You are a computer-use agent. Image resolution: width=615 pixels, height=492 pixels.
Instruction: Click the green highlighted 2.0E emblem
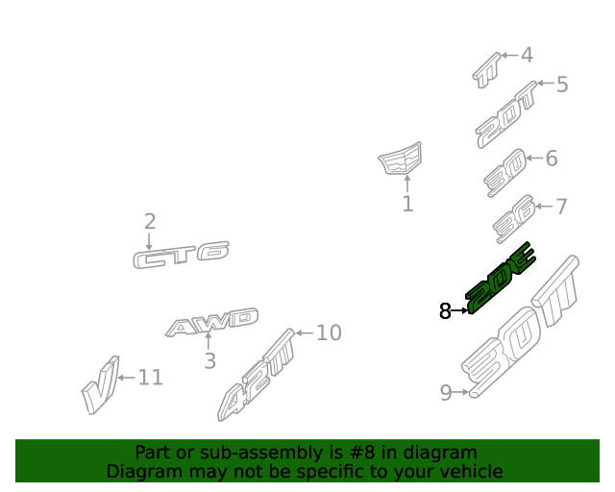click(499, 280)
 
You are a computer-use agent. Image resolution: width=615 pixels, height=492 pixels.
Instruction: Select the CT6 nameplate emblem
click(181, 255)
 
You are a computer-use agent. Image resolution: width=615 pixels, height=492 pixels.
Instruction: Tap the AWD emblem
click(211, 323)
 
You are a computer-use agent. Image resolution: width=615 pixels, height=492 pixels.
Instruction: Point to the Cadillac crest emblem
click(400, 159)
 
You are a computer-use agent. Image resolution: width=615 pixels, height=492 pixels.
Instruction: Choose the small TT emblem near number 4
click(486, 70)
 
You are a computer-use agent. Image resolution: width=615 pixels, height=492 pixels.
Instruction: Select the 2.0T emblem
click(506, 115)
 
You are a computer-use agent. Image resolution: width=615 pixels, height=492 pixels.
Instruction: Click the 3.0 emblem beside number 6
click(505, 173)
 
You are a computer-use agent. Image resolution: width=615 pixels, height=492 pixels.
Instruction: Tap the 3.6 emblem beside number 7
click(514, 219)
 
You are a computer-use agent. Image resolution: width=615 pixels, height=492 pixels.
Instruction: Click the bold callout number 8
click(445, 311)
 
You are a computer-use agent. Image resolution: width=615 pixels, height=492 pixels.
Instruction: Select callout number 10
click(329, 332)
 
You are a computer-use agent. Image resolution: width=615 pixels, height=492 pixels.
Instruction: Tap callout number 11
click(151, 378)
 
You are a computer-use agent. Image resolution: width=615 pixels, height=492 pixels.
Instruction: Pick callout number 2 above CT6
click(150, 222)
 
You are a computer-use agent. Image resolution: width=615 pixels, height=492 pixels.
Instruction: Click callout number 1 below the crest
click(407, 204)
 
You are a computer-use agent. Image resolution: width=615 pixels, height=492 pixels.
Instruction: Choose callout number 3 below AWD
click(209, 361)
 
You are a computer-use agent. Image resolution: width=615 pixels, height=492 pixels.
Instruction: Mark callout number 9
click(446, 392)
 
